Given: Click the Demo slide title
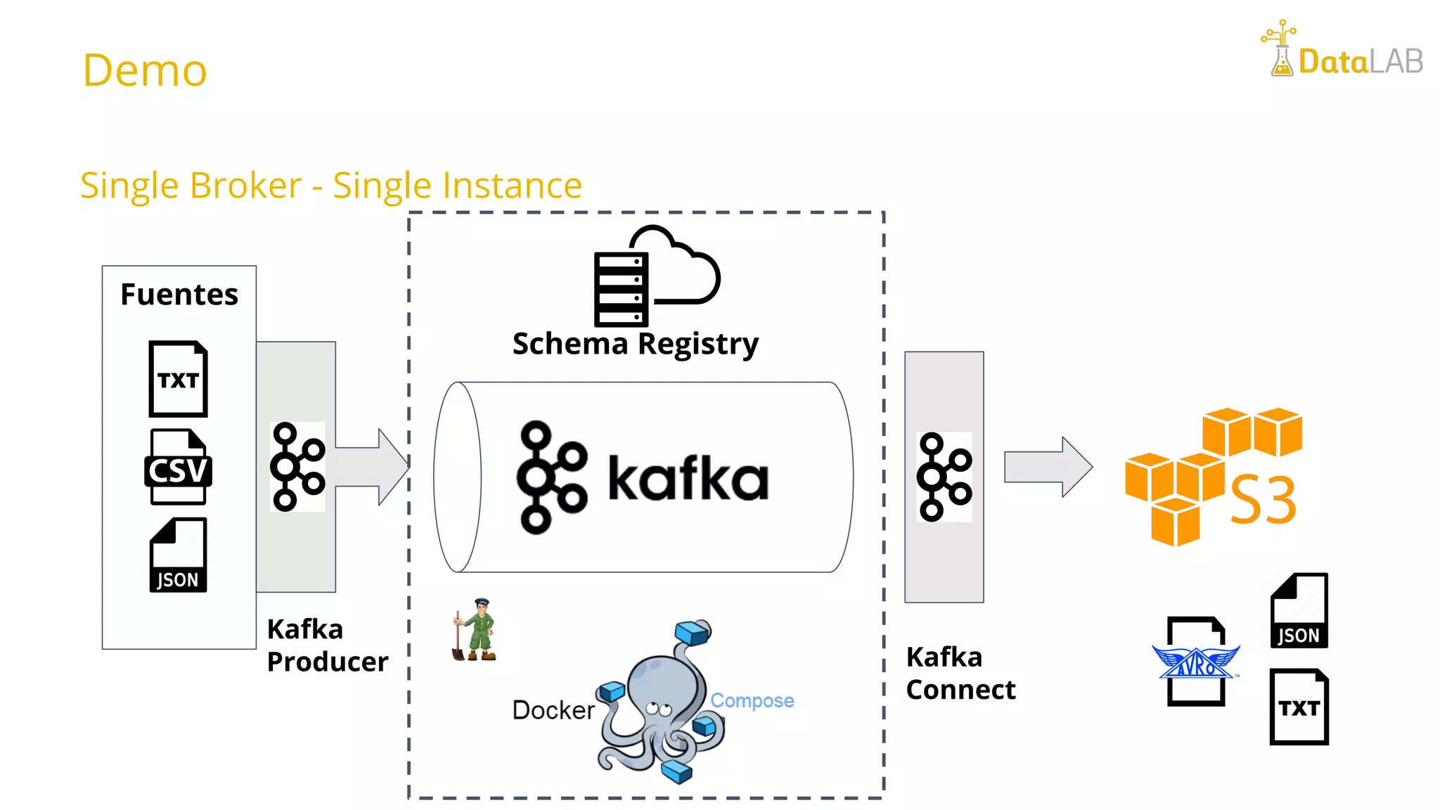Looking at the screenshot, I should [x=145, y=70].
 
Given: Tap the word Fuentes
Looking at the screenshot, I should [x=179, y=294].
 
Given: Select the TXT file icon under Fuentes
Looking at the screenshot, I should [x=178, y=379].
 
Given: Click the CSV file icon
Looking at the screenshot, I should [x=178, y=467].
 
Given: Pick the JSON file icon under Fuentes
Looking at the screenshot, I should [x=178, y=555].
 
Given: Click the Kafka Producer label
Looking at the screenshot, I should [x=327, y=645].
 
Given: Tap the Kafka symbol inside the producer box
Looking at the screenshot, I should [x=297, y=466].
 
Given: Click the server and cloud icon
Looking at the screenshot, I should [x=655, y=277].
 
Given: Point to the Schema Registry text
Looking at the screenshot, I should [x=636, y=344].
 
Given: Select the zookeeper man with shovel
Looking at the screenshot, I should [x=475, y=630].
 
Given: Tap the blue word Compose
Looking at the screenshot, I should [x=752, y=700].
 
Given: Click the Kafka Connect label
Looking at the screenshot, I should [x=960, y=674].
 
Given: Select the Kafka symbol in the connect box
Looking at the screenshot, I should [x=944, y=477].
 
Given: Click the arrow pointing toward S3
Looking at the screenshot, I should [x=1048, y=467].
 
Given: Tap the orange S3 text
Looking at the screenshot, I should [x=1263, y=500].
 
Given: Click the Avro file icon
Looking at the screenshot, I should [x=1196, y=661].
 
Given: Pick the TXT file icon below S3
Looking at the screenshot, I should [x=1299, y=707].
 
